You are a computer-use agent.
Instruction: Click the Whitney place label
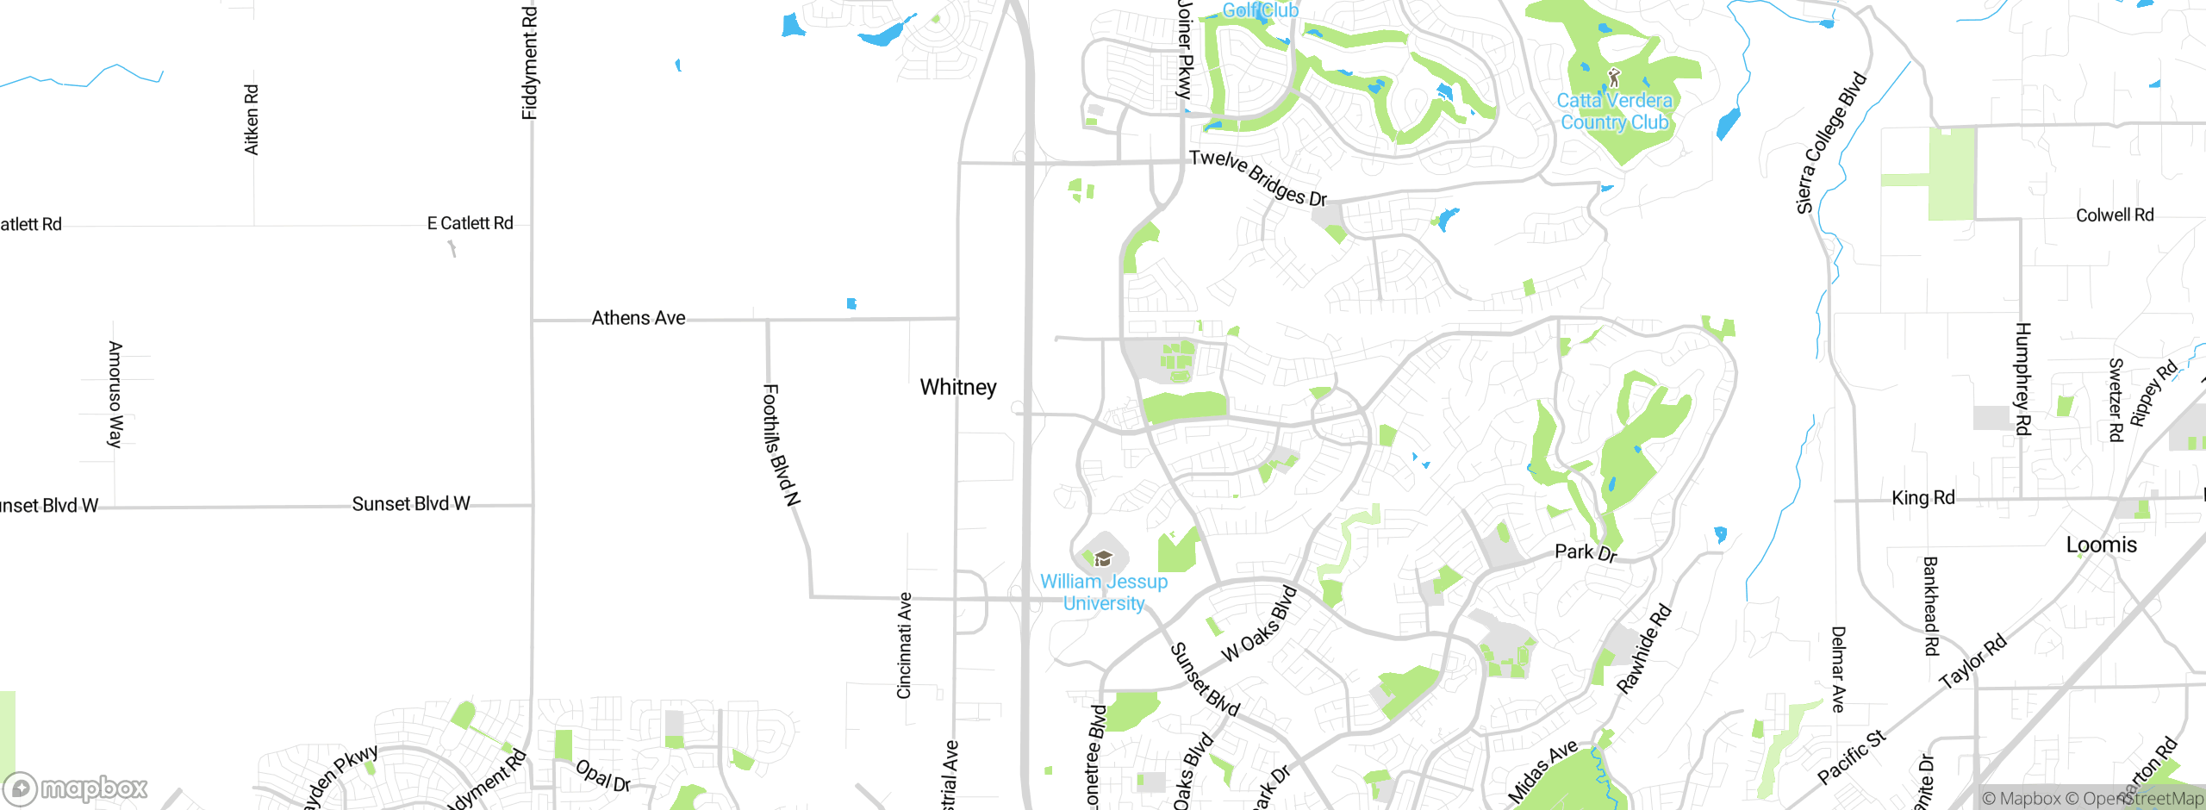pos(957,388)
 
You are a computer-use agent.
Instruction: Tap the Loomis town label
pos(2101,545)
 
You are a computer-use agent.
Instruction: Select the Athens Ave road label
pos(639,318)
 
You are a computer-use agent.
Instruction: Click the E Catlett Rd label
pos(470,223)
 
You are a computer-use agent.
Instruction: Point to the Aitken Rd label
pos(252,119)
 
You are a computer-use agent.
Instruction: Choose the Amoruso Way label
pos(115,394)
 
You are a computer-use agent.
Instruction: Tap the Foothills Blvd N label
pos(782,445)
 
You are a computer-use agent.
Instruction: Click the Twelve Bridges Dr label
pos(1257,178)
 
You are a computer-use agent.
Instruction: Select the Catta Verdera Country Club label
pos(1614,111)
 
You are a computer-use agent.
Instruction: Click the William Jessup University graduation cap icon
pos(1103,559)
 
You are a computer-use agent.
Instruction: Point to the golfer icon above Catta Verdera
pos(1614,78)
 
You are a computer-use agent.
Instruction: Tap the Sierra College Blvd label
pos(1830,143)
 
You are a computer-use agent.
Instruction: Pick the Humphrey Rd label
pos(2022,378)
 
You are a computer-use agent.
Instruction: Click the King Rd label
pos(1922,497)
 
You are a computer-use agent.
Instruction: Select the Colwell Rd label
pos(2114,215)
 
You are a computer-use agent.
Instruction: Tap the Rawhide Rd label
pos(1643,649)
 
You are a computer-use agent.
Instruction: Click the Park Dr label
pos(1586,551)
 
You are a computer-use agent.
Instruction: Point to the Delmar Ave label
pos(1838,669)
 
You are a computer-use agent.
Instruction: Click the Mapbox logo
pos(76,788)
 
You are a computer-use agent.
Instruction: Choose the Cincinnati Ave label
pos(904,645)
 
